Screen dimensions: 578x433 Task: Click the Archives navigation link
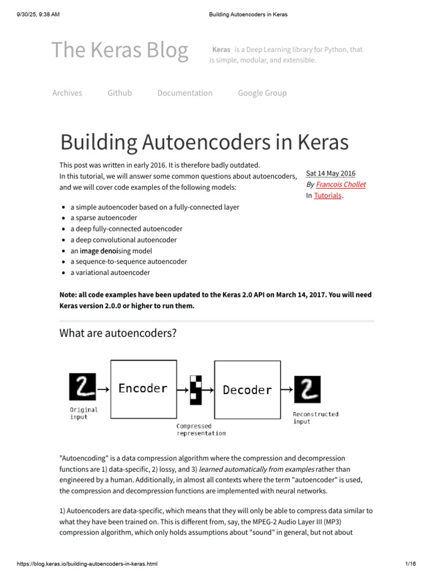[67, 93]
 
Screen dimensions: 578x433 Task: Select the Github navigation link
[120, 93]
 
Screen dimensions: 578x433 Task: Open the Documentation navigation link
[185, 93]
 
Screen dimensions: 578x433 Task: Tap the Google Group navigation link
[262, 93]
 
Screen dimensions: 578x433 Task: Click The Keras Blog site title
[120, 51]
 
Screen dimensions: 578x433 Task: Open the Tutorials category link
[328, 195]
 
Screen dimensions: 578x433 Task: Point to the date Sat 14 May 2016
[330, 173]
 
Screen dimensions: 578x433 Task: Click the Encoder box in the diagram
[143, 388]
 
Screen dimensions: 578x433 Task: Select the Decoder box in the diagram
[247, 389]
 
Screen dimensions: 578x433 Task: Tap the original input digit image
[83, 387]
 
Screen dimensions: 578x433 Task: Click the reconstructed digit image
[307, 389]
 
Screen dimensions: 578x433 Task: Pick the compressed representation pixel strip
[196, 389]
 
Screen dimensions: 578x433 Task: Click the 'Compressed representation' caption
[201, 430]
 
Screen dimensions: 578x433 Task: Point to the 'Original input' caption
[83, 413]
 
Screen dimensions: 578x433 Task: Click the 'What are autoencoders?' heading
[118, 333]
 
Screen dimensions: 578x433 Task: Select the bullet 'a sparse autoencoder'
[104, 218]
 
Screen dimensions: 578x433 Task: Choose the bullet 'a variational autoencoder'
[110, 273]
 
